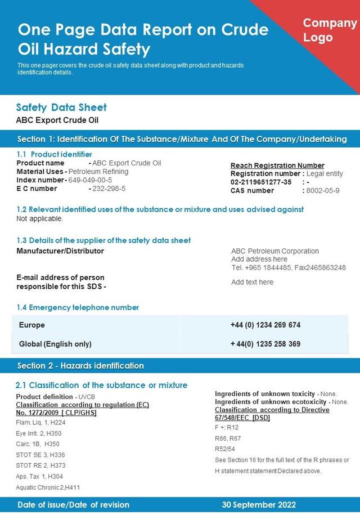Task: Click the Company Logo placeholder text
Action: (330, 30)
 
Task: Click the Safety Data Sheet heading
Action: (61, 107)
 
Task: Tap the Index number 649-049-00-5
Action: (90, 180)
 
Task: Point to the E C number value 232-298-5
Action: (109, 189)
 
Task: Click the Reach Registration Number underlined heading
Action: (277, 165)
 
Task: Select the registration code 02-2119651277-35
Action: (261, 182)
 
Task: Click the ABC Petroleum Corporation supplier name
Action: (275, 251)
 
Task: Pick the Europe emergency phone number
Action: (265, 325)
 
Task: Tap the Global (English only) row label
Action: (55, 344)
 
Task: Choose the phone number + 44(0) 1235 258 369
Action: (265, 344)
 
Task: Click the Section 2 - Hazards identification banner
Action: (80, 366)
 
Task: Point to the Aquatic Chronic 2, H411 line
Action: (48, 487)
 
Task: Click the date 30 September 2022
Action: (259, 505)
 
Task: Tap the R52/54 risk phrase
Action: (225, 449)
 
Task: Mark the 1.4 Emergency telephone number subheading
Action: (78, 308)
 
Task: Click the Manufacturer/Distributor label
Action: (60, 251)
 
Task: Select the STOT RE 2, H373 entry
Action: (41, 465)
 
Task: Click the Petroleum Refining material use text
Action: (98, 172)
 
